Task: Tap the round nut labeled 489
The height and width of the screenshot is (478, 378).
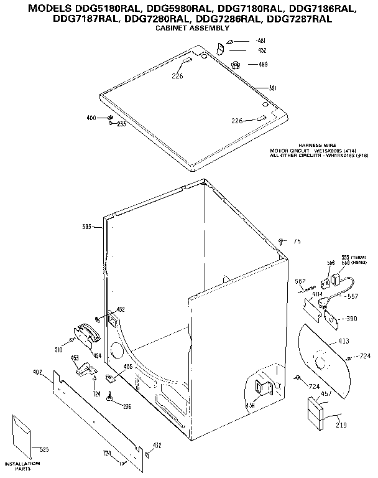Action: pyautogui.click(x=236, y=64)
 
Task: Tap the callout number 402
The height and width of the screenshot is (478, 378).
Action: pyautogui.click(x=37, y=372)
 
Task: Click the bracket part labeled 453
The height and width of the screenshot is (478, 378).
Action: pyautogui.click(x=80, y=368)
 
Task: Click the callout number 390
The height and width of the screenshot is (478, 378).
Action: pyautogui.click(x=352, y=318)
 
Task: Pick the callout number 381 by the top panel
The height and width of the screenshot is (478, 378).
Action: pyautogui.click(x=272, y=88)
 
